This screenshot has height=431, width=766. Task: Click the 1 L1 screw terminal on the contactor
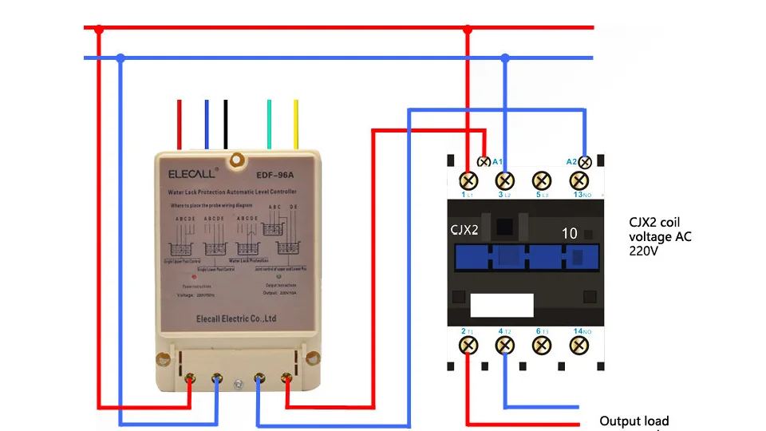tap(468, 181)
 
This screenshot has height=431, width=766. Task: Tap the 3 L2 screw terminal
tap(505, 181)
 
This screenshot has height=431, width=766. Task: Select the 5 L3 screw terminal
tap(543, 181)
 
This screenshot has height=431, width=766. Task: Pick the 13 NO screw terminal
tap(580, 181)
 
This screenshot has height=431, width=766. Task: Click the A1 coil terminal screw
tap(482, 161)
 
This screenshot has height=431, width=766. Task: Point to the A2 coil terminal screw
tap(585, 161)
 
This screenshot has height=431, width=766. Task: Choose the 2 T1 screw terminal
tap(468, 345)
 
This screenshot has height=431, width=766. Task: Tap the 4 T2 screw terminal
tap(505, 345)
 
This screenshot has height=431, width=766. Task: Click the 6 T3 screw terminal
tap(543, 345)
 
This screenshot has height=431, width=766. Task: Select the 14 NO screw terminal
tap(580, 345)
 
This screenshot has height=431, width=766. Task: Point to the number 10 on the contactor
tap(569, 233)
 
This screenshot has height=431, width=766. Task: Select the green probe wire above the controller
tap(269, 124)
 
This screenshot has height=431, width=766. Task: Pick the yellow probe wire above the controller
tap(296, 124)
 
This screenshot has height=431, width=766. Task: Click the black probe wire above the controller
tap(226, 124)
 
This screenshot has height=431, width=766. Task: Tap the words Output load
tap(634, 421)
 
